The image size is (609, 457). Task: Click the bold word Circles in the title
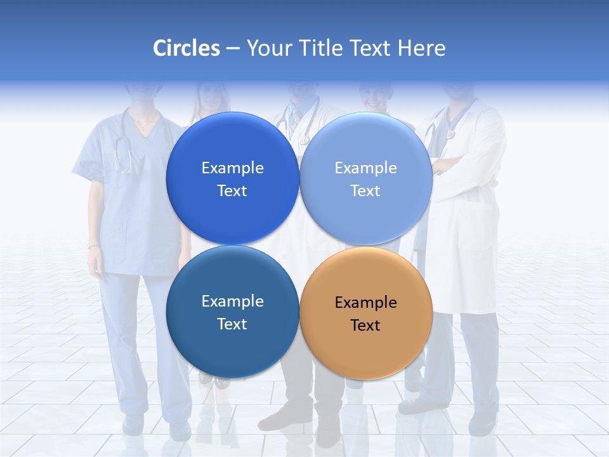pyautogui.click(x=186, y=48)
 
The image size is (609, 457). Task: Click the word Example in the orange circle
pyautogui.click(x=366, y=303)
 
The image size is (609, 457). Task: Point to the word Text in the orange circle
pyautogui.click(x=365, y=326)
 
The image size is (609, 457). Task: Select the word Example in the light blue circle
pyautogui.click(x=366, y=168)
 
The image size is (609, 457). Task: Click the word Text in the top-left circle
pyautogui.click(x=232, y=191)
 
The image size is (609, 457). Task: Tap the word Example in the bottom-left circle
pyautogui.click(x=232, y=301)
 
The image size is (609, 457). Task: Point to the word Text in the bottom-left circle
pyautogui.click(x=232, y=324)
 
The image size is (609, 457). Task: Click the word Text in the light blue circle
pyautogui.click(x=365, y=191)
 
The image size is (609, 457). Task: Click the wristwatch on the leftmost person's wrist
pyautogui.click(x=93, y=246)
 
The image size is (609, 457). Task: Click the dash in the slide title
pyautogui.click(x=232, y=48)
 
